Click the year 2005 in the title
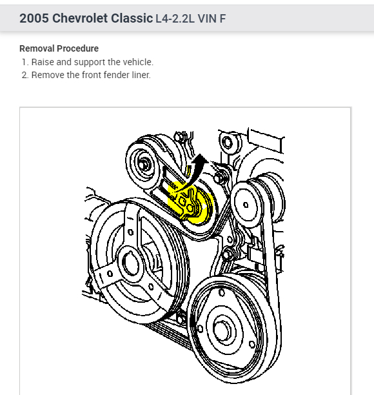tap(34, 18)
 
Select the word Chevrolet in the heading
tap(80, 18)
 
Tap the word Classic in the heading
tap(132, 18)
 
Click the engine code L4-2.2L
tap(175, 19)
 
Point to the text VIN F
tap(212, 19)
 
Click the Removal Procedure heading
tap(59, 48)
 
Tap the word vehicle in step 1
tap(140, 62)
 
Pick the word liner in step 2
tap(141, 75)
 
